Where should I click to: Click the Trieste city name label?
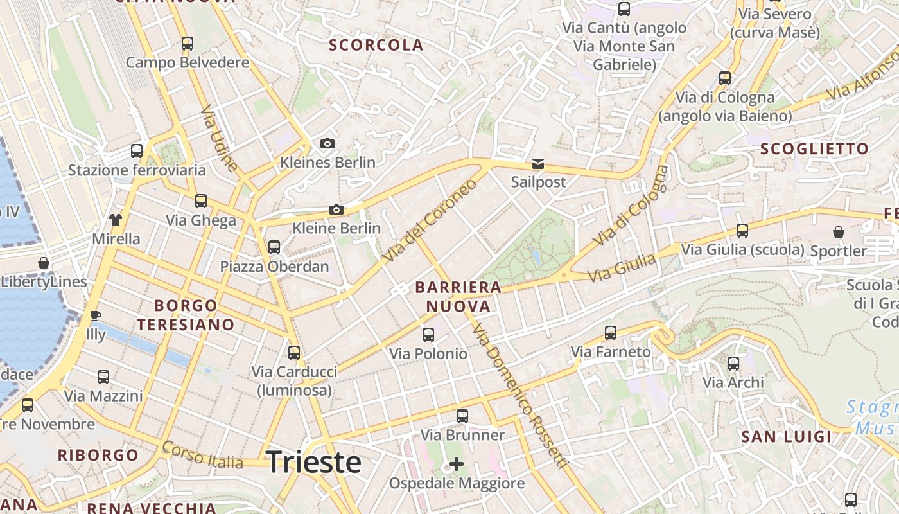pyautogui.click(x=313, y=462)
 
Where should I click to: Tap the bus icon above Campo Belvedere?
pyautogui.click(x=187, y=44)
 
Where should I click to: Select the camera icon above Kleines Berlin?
pyautogui.click(x=327, y=143)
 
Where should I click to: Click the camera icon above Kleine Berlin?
pyautogui.click(x=336, y=209)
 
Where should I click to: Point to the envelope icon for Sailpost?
pyautogui.click(x=538, y=164)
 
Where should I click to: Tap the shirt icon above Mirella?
pyautogui.click(x=116, y=220)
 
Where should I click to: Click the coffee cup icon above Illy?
pyautogui.click(x=96, y=315)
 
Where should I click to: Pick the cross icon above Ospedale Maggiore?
pyautogui.click(x=457, y=463)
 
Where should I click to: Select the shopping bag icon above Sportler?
pyautogui.click(x=838, y=232)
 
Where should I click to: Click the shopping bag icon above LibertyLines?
pyautogui.click(x=44, y=263)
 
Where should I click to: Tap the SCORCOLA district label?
pyautogui.click(x=376, y=45)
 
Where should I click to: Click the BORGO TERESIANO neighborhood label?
pyautogui.click(x=186, y=314)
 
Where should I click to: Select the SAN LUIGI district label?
pyautogui.click(x=786, y=437)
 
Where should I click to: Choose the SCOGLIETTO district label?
pyautogui.click(x=814, y=148)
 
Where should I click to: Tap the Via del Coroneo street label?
pyautogui.click(x=430, y=220)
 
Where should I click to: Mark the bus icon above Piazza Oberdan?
pyautogui.click(x=274, y=247)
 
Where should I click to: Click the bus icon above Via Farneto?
pyautogui.click(x=611, y=333)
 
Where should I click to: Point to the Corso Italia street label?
pyautogui.click(x=202, y=455)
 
